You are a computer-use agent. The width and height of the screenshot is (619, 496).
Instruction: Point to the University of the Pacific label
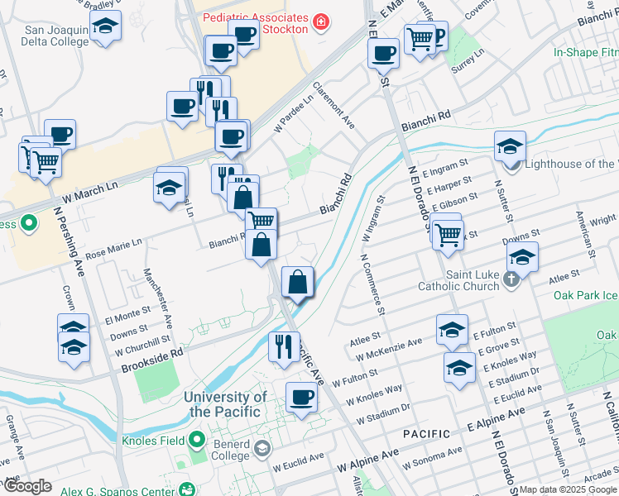[224, 404]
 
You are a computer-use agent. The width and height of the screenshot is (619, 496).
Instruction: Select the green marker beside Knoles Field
[198, 439]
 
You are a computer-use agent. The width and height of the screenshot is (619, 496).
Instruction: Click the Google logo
[27, 486]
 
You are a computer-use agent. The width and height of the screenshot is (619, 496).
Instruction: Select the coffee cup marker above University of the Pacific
[301, 398]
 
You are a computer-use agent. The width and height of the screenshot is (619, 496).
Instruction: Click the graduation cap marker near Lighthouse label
[510, 146]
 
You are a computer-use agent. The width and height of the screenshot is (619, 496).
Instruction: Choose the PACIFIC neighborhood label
[427, 434]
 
